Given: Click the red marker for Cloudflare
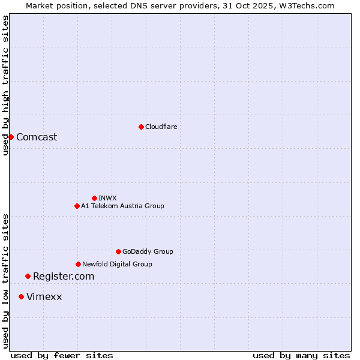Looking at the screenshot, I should pyautogui.click(x=141, y=127).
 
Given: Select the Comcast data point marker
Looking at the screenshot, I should pyautogui.click(x=11, y=137).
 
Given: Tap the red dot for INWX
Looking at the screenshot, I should pyautogui.click(x=94, y=198).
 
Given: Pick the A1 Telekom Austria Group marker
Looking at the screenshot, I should pyautogui.click(x=77, y=206).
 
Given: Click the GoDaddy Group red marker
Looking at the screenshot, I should pyautogui.click(x=118, y=251).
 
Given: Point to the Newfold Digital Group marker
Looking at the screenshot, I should pyautogui.click(x=78, y=264).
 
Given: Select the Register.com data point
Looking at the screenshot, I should pyautogui.click(x=28, y=276).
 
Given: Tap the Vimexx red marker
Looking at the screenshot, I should pyautogui.click(x=21, y=296).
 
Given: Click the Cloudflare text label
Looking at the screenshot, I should pyautogui.click(x=161, y=127).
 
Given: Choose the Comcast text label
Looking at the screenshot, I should pyautogui.click(x=37, y=137).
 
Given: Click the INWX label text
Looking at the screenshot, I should pyautogui.click(x=107, y=198).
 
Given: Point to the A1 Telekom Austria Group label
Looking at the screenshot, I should pyautogui.click(x=122, y=206).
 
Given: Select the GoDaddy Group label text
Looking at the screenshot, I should pyautogui.click(x=148, y=251).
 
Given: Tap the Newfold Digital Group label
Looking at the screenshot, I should pyautogui.click(x=117, y=264).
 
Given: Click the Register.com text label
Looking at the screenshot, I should pyautogui.click(x=64, y=276).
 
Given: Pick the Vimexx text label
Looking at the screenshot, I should pyautogui.click(x=44, y=296).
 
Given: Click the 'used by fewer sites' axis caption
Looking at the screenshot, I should pyautogui.click(x=62, y=355).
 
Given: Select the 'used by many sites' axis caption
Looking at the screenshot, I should pyautogui.click(x=301, y=355).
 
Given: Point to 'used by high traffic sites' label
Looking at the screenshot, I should pyautogui.click(x=5, y=85).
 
